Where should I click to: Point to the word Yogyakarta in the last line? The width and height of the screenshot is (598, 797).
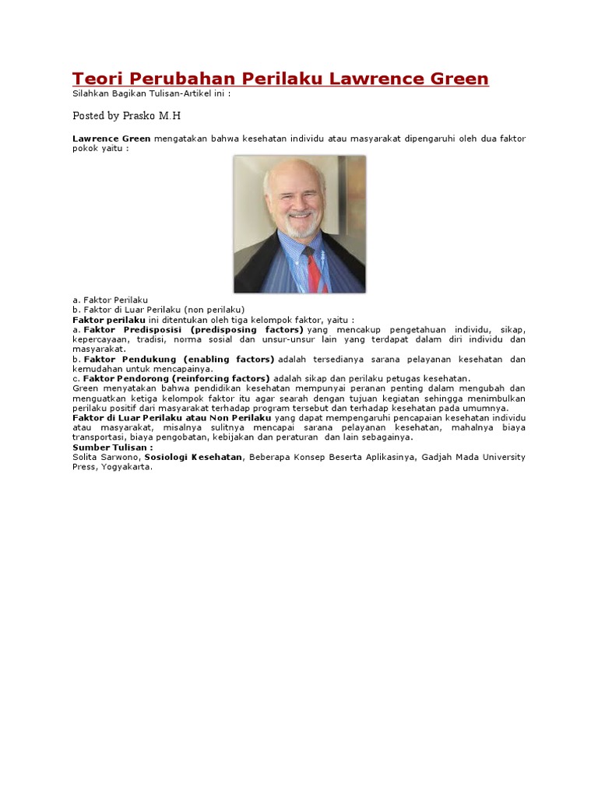point(126,467)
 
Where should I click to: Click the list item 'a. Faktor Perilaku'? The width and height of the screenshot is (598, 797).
point(111,300)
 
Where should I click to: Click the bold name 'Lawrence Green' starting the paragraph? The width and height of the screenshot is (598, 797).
point(111,139)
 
